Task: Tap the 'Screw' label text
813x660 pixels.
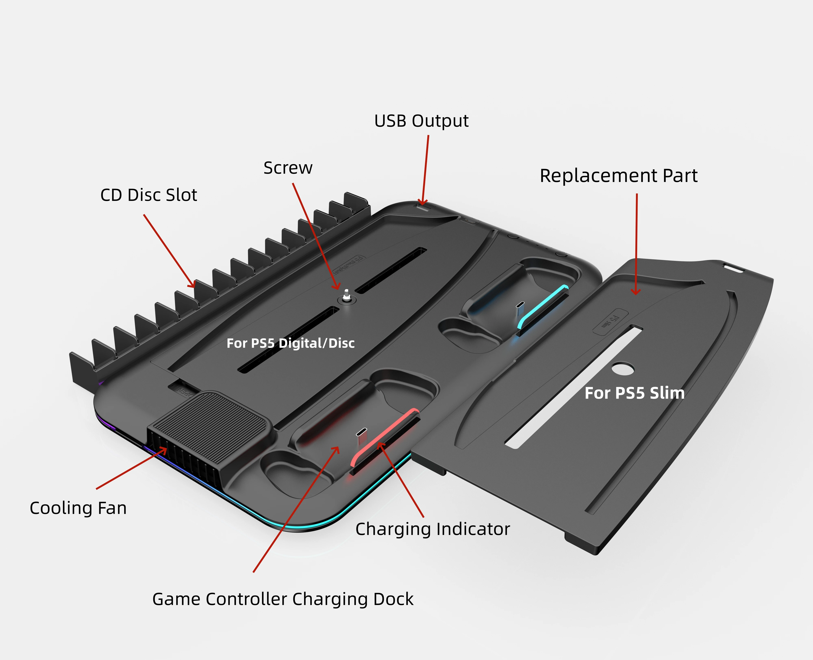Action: tap(288, 168)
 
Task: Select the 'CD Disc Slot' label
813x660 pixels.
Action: tap(149, 195)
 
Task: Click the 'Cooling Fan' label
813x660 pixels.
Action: tap(78, 508)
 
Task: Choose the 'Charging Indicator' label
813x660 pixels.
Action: tap(433, 529)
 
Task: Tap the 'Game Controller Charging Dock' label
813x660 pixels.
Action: tap(283, 599)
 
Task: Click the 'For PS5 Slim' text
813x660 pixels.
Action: tap(634, 393)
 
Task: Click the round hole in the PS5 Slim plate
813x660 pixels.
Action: tap(623, 368)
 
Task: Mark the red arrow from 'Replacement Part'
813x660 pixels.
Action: tap(636, 243)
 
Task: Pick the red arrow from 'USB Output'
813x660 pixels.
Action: tap(425, 169)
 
